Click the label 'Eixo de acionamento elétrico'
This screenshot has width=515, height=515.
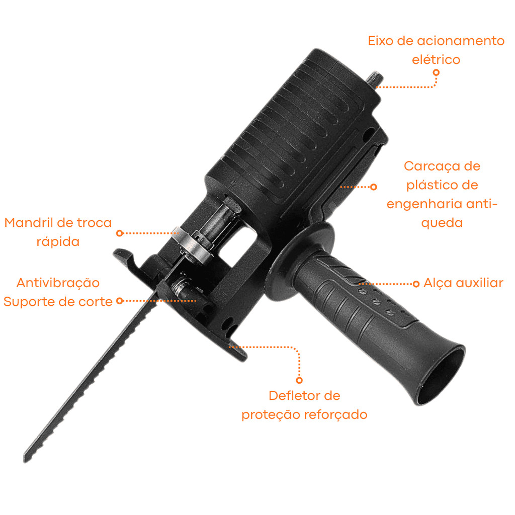click(436, 50)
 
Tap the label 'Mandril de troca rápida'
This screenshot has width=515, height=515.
click(58, 232)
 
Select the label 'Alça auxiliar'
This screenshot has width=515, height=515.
click(463, 283)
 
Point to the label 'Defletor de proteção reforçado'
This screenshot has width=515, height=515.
click(304, 405)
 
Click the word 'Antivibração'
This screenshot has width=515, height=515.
click(58, 283)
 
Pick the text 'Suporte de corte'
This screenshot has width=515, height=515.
click(58, 302)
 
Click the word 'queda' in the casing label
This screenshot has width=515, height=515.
click(442, 223)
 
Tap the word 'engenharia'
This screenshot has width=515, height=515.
click(425, 204)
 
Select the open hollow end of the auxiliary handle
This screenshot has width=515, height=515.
click(441, 374)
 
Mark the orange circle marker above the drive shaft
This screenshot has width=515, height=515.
click(436, 72)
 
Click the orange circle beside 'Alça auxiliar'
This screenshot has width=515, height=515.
click(416, 284)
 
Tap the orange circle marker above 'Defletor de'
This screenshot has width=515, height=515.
click(299, 380)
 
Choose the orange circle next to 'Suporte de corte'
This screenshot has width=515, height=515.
click(120, 301)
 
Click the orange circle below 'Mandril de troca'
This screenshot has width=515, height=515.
click(120, 233)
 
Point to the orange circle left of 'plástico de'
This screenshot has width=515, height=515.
click(374, 187)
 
